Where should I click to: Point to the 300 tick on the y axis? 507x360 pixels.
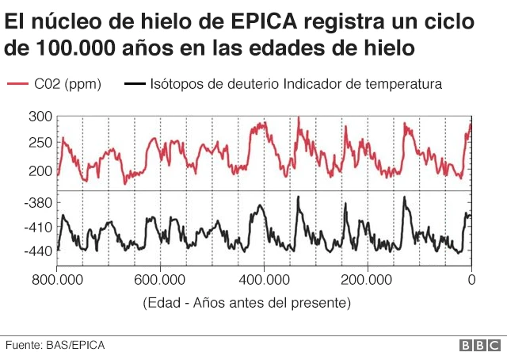coord(41,117)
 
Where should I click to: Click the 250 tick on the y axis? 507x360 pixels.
coord(41,144)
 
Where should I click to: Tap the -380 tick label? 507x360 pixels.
coord(38,203)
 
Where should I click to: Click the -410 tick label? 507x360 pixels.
coord(38,228)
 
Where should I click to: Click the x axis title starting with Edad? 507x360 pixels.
coord(246,303)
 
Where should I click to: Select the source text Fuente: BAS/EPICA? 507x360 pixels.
coord(55,345)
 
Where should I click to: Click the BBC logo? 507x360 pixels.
coord(479,345)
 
